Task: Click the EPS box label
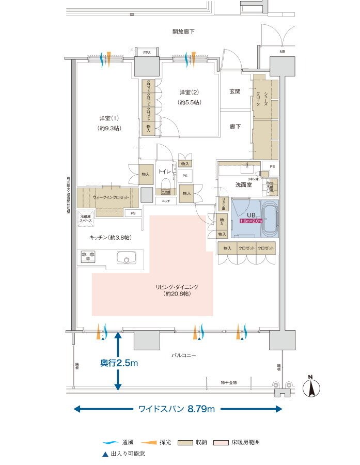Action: coord(147,53)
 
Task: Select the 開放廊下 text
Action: coord(183,32)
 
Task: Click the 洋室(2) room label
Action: coord(189,92)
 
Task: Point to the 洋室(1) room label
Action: coord(109,118)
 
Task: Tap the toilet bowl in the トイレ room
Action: coord(166,185)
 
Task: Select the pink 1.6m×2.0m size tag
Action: coord(252,221)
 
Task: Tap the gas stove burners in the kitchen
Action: coord(87,255)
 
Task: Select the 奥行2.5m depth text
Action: coord(119,363)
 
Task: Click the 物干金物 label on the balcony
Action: coord(227,382)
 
